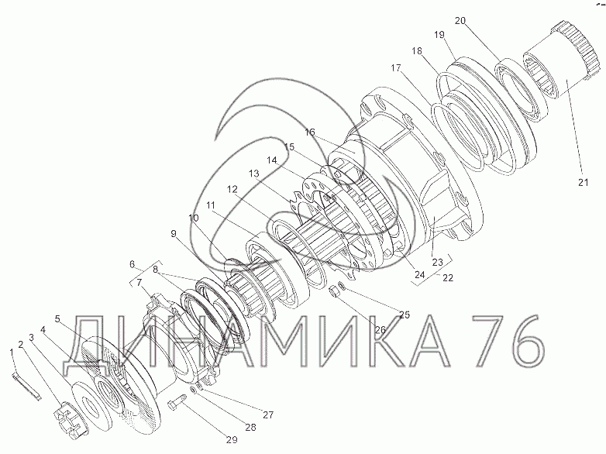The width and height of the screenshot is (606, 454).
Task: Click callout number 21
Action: click(583, 182)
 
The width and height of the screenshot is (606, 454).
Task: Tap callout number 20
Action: click(460, 21)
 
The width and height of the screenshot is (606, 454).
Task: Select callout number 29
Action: click(232, 439)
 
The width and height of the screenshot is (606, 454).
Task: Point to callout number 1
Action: click(12, 352)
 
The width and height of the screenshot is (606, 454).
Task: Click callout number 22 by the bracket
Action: click(448, 278)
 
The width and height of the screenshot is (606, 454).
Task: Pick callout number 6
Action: click(133, 264)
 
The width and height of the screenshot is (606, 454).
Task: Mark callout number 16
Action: click(310, 132)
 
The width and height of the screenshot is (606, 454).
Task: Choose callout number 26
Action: click(380, 329)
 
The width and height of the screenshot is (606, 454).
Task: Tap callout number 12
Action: click(232, 189)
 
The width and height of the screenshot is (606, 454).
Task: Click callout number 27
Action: click(268, 415)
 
